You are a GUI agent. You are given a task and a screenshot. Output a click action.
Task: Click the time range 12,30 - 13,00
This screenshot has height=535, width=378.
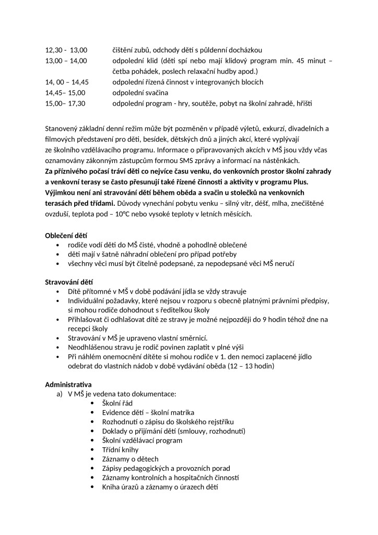pyautogui.click(x=66, y=50)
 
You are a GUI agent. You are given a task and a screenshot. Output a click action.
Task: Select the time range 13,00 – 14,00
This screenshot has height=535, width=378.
pyautogui.click(x=66, y=61)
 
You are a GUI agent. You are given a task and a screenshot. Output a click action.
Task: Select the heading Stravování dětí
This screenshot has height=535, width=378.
pyautogui.click(x=69, y=283)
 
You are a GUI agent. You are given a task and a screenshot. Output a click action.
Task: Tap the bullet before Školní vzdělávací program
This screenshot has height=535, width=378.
pyautogui.click(x=93, y=440)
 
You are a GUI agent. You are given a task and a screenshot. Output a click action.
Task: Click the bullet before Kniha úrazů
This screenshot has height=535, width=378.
pyautogui.click(x=93, y=487)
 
